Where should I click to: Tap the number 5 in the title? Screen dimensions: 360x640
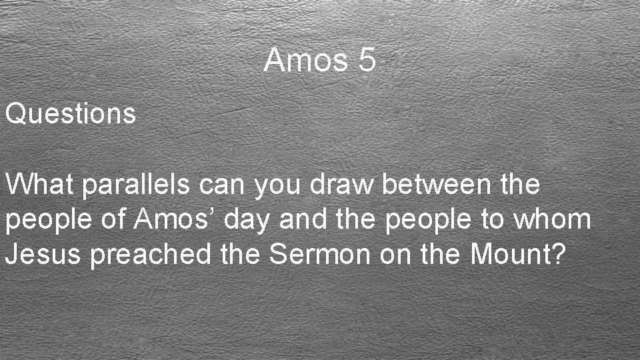pyautogui.click(x=367, y=61)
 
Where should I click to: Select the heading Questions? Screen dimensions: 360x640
pyautogui.click(x=71, y=114)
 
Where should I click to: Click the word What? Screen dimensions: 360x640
pyautogui.click(x=41, y=184)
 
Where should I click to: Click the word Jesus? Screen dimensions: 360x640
pyautogui.click(x=44, y=255)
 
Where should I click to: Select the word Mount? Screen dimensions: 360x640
pyautogui.click(x=511, y=255)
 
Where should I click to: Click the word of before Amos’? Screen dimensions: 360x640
pyautogui.click(x=113, y=219)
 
